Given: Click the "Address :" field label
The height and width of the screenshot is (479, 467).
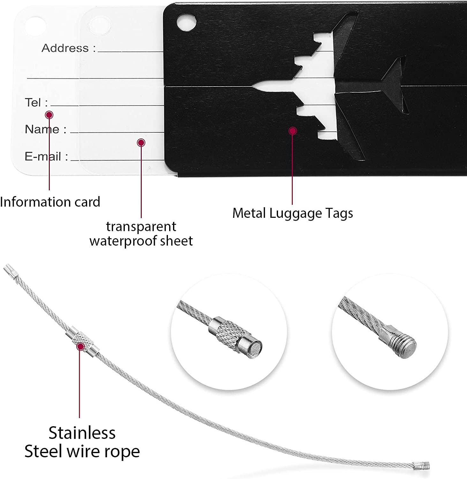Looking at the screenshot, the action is click(69, 48).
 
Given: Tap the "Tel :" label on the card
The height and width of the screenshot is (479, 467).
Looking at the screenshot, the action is click(36, 103).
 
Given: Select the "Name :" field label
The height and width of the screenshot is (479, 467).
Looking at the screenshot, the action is click(46, 129).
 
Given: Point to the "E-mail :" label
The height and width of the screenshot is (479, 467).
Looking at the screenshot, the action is click(46, 156).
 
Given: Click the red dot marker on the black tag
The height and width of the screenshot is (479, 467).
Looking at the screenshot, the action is click(293, 131).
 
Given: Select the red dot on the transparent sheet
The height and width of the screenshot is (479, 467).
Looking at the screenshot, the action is click(141, 142).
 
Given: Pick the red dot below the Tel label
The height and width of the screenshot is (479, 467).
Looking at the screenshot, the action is click(49, 115).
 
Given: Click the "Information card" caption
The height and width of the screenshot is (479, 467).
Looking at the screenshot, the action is click(50, 202).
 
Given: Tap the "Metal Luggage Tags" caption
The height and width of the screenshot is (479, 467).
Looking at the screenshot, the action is click(292, 213).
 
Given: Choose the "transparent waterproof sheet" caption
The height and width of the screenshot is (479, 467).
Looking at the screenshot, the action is click(141, 233).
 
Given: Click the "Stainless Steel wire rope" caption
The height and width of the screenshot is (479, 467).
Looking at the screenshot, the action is click(82, 442).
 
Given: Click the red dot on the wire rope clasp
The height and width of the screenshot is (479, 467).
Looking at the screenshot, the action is click(80, 346).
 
